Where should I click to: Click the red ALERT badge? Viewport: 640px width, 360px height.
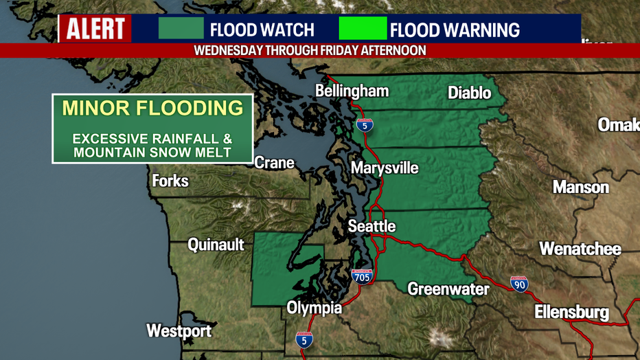(x=95, y=29)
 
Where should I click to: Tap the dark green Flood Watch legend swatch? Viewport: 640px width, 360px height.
(x=181, y=29)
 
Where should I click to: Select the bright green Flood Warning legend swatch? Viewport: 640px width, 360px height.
(x=363, y=29)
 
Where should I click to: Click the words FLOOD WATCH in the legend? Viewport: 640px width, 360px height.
(x=262, y=30)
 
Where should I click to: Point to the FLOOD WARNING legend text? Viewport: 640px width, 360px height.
(x=455, y=30)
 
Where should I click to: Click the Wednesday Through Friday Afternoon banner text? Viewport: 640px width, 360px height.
(x=310, y=51)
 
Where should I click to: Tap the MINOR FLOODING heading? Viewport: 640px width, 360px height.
(x=152, y=108)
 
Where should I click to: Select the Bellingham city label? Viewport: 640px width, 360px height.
(x=352, y=91)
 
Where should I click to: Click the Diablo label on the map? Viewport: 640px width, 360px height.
(x=470, y=93)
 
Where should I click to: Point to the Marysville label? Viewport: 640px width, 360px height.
(x=385, y=168)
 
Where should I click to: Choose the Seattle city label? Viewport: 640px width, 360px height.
(x=372, y=226)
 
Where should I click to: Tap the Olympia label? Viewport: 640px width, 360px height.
(x=314, y=308)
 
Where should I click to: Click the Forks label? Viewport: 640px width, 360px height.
(x=170, y=181)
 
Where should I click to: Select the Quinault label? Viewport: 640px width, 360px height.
(x=216, y=245)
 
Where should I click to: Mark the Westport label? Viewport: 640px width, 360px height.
(x=179, y=330)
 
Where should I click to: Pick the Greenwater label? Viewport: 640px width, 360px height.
(x=448, y=289)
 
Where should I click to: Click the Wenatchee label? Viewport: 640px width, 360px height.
(x=580, y=249)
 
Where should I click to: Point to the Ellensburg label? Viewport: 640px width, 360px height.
(x=571, y=313)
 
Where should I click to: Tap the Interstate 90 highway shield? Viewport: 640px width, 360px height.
(x=519, y=284)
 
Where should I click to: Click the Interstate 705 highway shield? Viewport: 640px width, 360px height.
(x=361, y=277)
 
